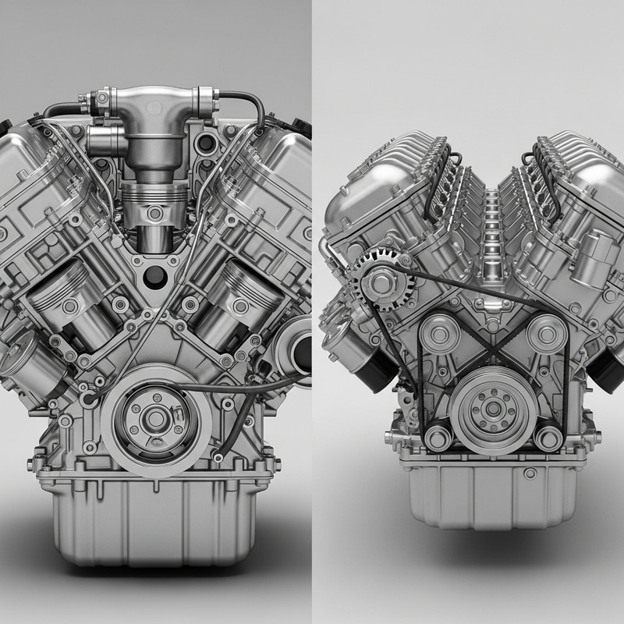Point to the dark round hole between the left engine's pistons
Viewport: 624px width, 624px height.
156,275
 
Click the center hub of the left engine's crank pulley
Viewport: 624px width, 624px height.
156,419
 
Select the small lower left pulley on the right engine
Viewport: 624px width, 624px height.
438,438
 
